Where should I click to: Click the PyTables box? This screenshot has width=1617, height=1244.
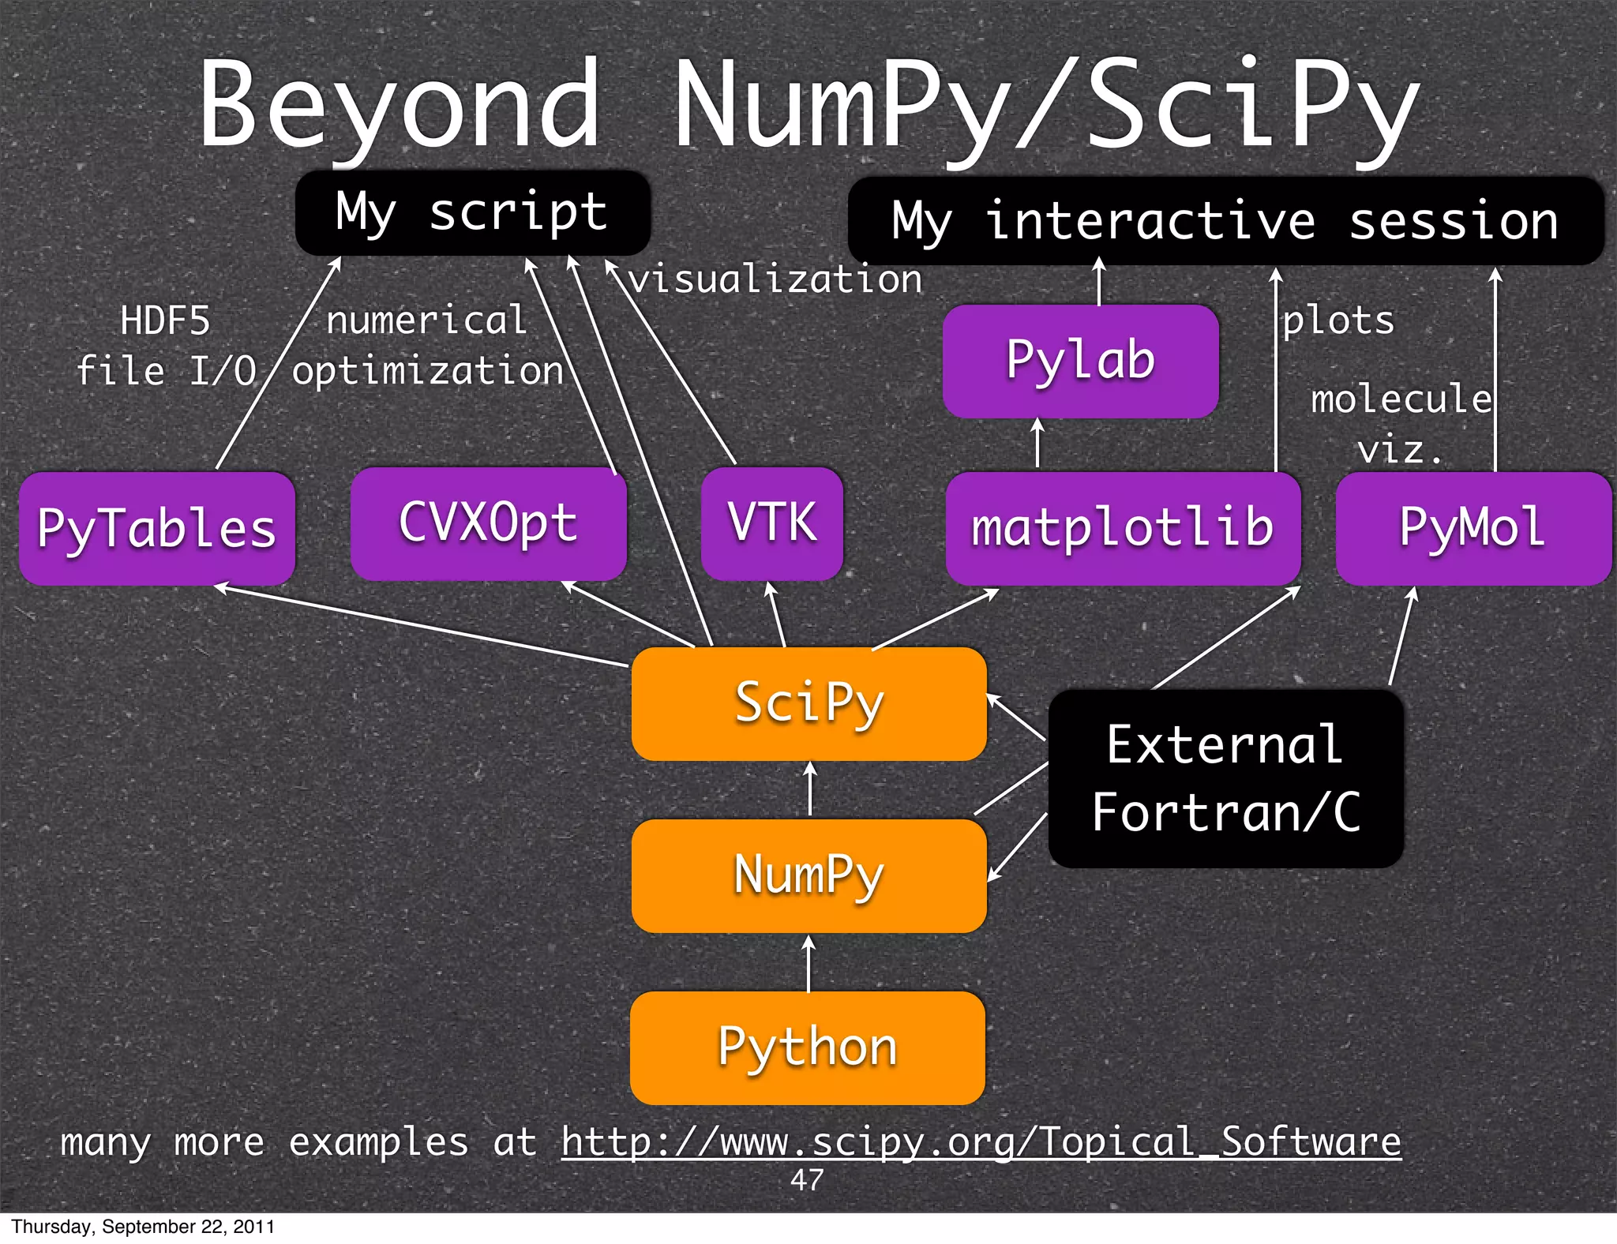point(156,528)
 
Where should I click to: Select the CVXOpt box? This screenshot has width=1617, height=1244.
point(488,523)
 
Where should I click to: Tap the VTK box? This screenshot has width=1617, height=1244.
point(771,523)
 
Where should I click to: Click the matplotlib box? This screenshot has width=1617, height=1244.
point(1122,528)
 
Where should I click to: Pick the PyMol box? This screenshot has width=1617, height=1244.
point(1473,528)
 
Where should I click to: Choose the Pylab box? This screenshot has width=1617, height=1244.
point(1080,361)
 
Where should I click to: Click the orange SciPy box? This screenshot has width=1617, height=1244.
point(808,703)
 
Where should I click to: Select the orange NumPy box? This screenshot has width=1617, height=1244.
point(808,875)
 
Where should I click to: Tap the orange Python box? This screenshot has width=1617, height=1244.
point(807,1047)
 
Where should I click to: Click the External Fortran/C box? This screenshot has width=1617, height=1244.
point(1225,778)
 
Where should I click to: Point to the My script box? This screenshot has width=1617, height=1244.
point(472,212)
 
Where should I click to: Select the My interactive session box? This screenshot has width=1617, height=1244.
point(1225,220)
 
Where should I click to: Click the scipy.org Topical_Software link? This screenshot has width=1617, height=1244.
point(981,1142)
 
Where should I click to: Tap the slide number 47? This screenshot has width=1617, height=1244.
point(807,1180)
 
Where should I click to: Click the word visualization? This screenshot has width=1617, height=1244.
point(775,279)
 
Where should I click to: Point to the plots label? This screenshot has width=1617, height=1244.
point(1338,320)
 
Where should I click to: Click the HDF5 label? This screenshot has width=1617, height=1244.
point(165,321)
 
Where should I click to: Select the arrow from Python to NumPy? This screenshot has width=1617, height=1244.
point(808,963)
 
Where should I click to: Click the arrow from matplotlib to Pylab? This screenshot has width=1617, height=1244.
point(1037,444)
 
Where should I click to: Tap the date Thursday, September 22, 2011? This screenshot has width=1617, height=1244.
point(143,1227)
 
